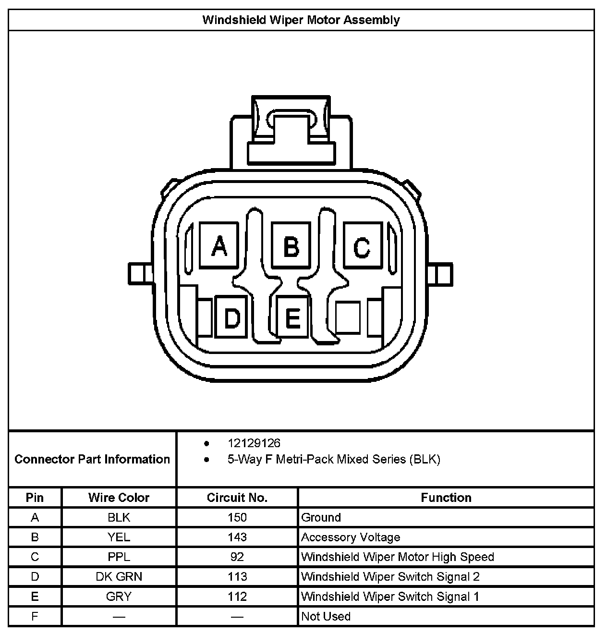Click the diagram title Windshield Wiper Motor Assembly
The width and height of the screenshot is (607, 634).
point(301,20)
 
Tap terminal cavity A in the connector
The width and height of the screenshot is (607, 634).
point(219,245)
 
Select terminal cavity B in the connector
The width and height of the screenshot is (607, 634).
point(291,245)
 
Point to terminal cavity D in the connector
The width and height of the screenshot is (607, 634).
point(231,317)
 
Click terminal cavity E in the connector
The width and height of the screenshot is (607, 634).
point(293,317)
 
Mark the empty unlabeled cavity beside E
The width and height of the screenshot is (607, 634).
point(348,317)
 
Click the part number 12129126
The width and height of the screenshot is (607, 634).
point(254,443)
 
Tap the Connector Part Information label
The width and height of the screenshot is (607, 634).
point(92,459)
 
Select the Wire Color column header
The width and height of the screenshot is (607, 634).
point(119,498)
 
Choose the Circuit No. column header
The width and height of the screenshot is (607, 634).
point(237,498)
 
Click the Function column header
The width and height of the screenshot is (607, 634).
point(446,498)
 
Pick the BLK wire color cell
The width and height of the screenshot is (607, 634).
point(119,517)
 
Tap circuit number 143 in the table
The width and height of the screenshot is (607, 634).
point(237,537)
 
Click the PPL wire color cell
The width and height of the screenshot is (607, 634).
point(119,557)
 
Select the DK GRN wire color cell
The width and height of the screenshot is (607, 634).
point(119,576)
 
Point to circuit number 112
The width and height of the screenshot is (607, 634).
point(237,597)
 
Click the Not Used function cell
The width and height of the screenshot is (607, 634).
point(326,616)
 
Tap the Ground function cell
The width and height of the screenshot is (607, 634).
point(321,517)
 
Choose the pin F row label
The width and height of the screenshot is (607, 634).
point(35,616)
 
